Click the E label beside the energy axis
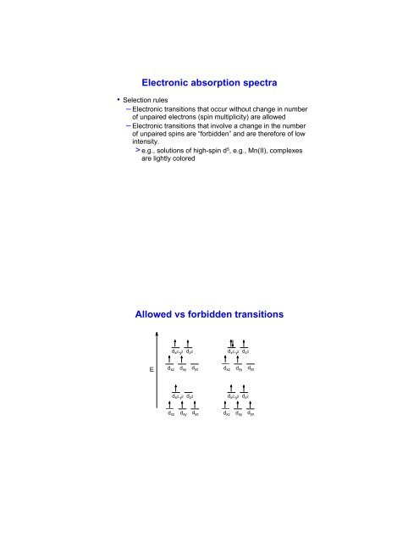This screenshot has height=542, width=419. [152, 369]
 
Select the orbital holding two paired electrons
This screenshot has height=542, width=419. [231, 343]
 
